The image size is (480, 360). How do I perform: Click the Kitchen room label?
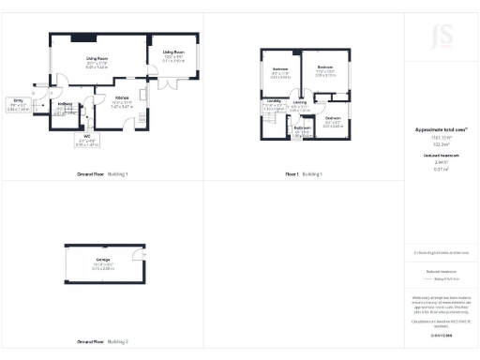123,98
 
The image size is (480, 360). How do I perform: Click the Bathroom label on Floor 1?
302,130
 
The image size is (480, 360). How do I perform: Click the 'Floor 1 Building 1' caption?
304,175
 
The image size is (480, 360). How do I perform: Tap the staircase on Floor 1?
273,121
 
